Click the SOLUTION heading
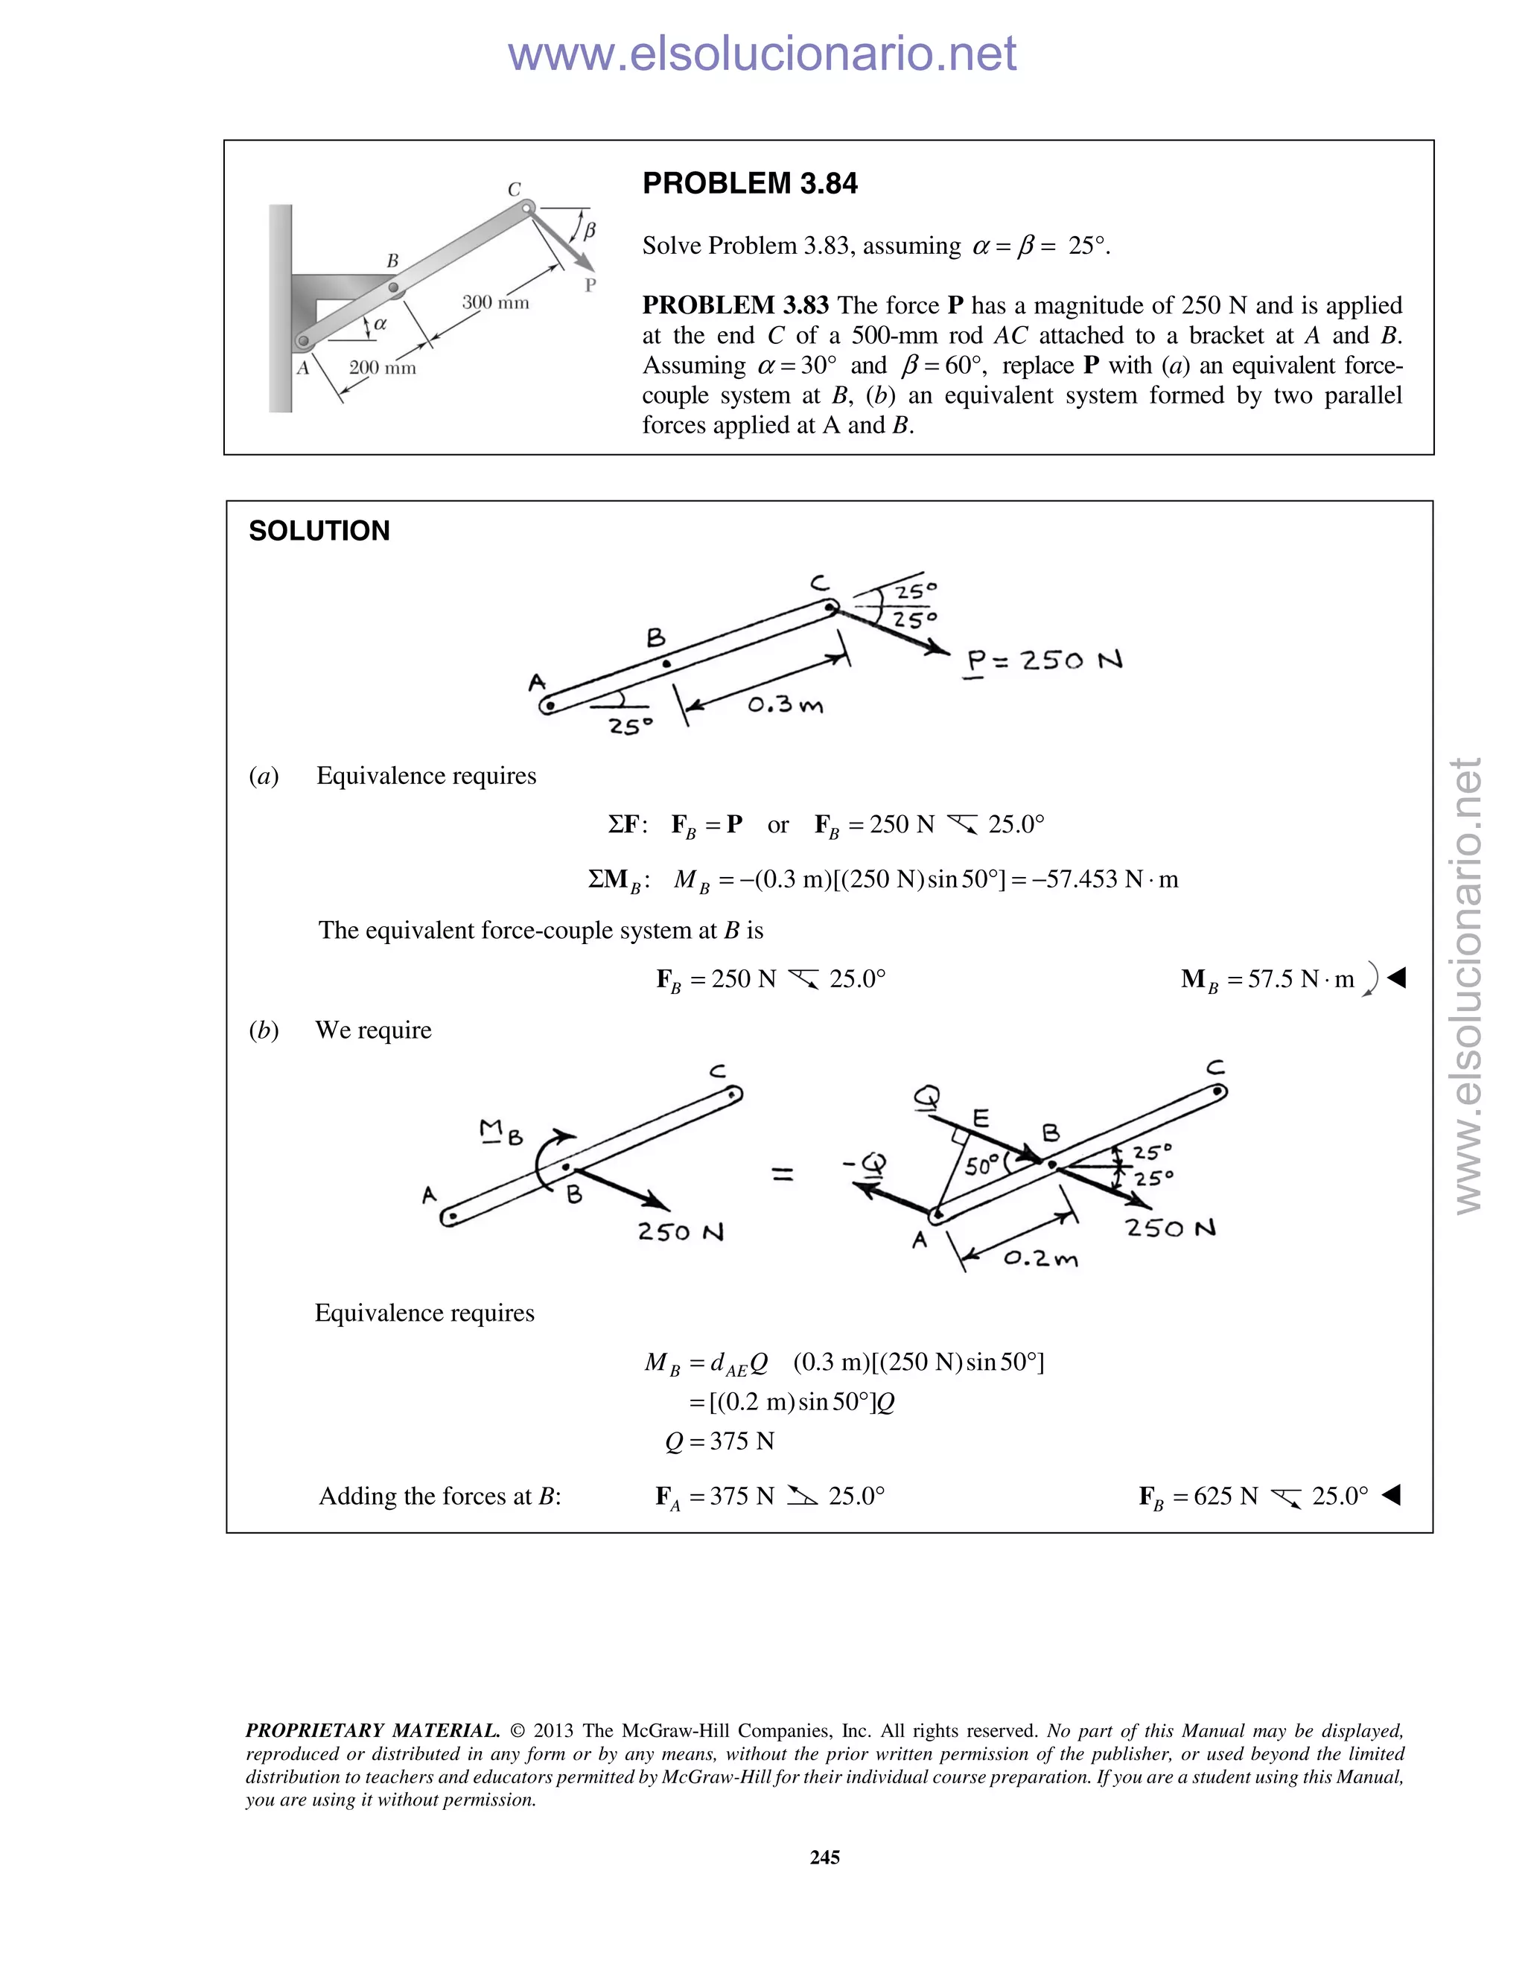319,530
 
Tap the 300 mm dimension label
495,302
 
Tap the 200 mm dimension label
382,368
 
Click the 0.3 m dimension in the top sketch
784,704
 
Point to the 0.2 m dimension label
1040,1258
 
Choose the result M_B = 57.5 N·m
1267,979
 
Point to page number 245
825,1858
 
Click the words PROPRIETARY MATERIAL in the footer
372,1731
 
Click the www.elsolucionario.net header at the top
762,54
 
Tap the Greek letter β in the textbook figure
589,229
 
